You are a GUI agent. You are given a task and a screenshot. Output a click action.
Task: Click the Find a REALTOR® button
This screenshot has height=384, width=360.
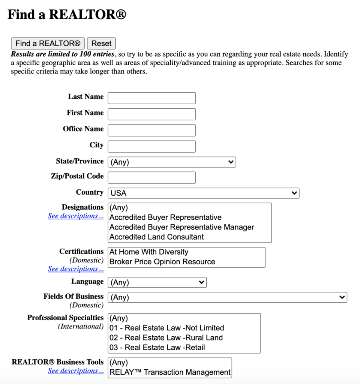(x=48, y=43)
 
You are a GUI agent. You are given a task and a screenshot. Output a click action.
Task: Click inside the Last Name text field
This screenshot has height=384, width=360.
(x=151, y=98)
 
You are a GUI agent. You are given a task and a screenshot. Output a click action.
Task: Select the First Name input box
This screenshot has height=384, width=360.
(x=151, y=114)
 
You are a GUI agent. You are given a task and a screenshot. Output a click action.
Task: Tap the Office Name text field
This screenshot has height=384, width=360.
(x=151, y=130)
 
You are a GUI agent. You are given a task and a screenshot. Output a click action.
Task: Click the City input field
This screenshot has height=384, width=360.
(x=151, y=147)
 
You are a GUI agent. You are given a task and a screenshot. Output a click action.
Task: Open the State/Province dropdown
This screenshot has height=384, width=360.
(x=172, y=162)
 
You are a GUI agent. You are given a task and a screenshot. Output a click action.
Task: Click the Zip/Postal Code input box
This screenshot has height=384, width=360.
(x=151, y=178)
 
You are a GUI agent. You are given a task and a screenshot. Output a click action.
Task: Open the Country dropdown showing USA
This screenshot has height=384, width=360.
(x=203, y=193)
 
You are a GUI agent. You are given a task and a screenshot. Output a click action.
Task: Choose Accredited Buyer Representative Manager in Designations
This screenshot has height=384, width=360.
(x=181, y=227)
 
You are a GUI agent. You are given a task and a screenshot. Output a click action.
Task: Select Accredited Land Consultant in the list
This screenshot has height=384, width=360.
(x=157, y=237)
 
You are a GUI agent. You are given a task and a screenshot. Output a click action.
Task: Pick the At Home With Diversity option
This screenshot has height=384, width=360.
(x=149, y=252)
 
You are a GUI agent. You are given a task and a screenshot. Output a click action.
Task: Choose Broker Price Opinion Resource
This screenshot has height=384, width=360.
(x=162, y=262)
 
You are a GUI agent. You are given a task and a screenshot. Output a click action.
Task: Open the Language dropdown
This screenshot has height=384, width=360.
(x=157, y=282)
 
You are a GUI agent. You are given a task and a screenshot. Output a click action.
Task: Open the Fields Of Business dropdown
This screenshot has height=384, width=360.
(x=227, y=297)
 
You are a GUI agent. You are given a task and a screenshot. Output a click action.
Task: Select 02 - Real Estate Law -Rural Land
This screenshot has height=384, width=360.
(x=166, y=337)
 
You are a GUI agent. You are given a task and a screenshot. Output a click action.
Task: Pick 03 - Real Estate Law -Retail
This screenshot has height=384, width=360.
(x=157, y=347)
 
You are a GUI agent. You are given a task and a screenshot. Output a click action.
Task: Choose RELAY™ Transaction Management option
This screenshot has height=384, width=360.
(x=169, y=372)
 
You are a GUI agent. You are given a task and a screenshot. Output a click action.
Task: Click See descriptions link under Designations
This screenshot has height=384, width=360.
(x=76, y=216)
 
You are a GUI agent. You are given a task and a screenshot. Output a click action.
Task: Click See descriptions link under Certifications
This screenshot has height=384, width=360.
(x=76, y=269)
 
